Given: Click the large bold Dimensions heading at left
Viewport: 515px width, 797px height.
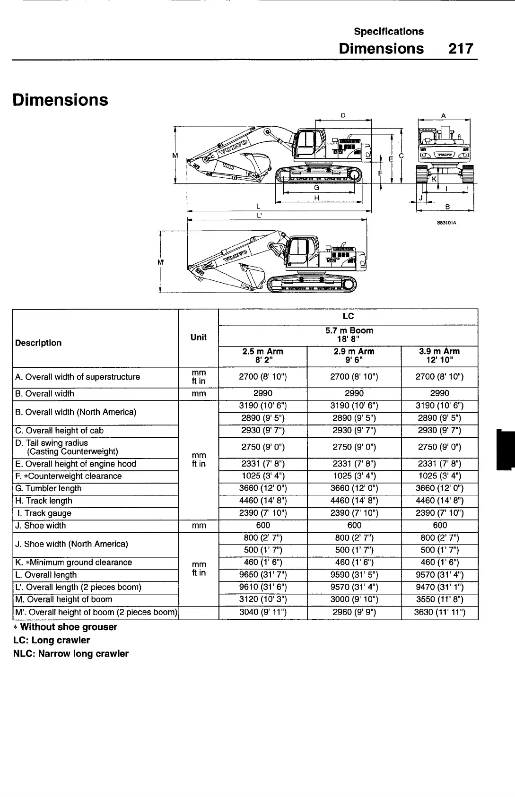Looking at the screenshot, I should coord(61,100).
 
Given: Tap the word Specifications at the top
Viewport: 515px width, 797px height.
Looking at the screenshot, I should coord(389,32).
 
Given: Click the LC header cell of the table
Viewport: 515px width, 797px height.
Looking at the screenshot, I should coord(348,316).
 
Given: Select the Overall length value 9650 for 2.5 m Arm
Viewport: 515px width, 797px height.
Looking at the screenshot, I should coord(263,575).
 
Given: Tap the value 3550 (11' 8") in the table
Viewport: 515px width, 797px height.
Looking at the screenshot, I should coord(439,599).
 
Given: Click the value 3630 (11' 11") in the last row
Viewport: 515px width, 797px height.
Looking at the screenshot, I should coord(439,612).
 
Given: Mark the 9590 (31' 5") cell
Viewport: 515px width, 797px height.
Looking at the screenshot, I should coord(354,575).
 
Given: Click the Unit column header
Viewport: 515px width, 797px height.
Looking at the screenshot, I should coord(198,338).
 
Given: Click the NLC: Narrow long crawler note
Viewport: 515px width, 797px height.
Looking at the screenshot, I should coord(71,653).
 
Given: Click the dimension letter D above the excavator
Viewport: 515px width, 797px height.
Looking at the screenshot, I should coord(343,115).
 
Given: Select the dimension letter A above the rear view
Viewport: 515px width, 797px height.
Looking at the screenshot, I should coord(443,115).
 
